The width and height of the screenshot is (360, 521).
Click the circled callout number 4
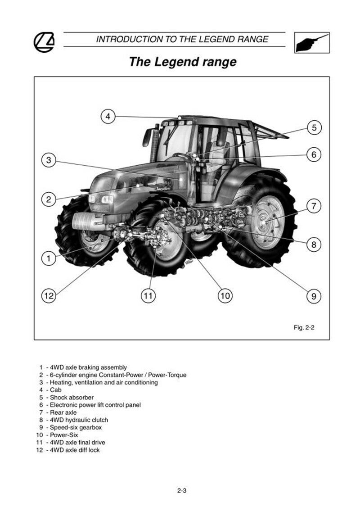point(108,116)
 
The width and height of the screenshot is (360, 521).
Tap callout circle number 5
point(314,127)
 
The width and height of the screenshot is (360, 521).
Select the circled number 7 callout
point(314,206)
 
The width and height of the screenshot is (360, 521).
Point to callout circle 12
point(49,295)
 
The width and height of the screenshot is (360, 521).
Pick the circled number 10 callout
point(225,295)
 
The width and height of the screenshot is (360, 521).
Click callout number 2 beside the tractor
point(49,199)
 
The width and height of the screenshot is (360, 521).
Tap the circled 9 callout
point(314,296)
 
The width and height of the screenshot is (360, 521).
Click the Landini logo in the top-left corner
point(44,42)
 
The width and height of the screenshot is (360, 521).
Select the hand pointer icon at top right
point(312,42)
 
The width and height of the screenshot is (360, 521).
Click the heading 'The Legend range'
point(183,62)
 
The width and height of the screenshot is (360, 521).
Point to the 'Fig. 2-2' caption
point(304,327)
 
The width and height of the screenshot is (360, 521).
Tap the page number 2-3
point(182,490)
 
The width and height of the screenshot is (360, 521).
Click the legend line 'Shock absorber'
point(72,398)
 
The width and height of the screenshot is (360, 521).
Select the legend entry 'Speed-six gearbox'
point(76,427)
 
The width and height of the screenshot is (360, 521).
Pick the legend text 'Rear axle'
point(63,412)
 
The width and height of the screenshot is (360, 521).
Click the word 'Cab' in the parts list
point(55,390)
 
